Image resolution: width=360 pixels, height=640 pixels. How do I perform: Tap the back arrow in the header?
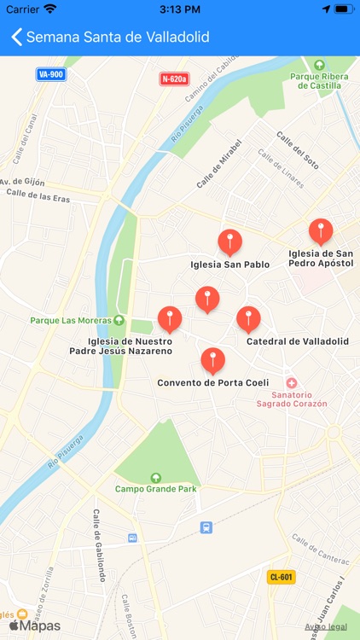click(15, 38)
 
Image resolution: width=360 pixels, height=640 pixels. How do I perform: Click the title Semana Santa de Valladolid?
click(118, 38)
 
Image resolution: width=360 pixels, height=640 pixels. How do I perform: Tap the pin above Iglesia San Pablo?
click(229, 242)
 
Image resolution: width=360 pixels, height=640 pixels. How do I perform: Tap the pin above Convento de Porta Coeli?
click(212, 360)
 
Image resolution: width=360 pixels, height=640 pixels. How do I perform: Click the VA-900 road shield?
click(51, 74)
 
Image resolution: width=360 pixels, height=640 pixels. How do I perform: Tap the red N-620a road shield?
click(174, 79)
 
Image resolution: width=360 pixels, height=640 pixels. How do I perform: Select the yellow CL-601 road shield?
click(281, 576)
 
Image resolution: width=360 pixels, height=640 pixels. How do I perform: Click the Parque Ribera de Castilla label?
click(320, 81)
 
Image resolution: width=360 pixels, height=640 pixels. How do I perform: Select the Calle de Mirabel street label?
click(219, 163)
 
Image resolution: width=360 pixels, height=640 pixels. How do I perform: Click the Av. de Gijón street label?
click(21, 182)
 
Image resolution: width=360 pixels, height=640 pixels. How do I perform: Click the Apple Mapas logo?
click(36, 625)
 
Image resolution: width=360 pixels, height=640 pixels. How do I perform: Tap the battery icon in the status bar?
click(344, 9)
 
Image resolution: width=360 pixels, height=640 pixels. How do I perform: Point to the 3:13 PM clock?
click(179, 9)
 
